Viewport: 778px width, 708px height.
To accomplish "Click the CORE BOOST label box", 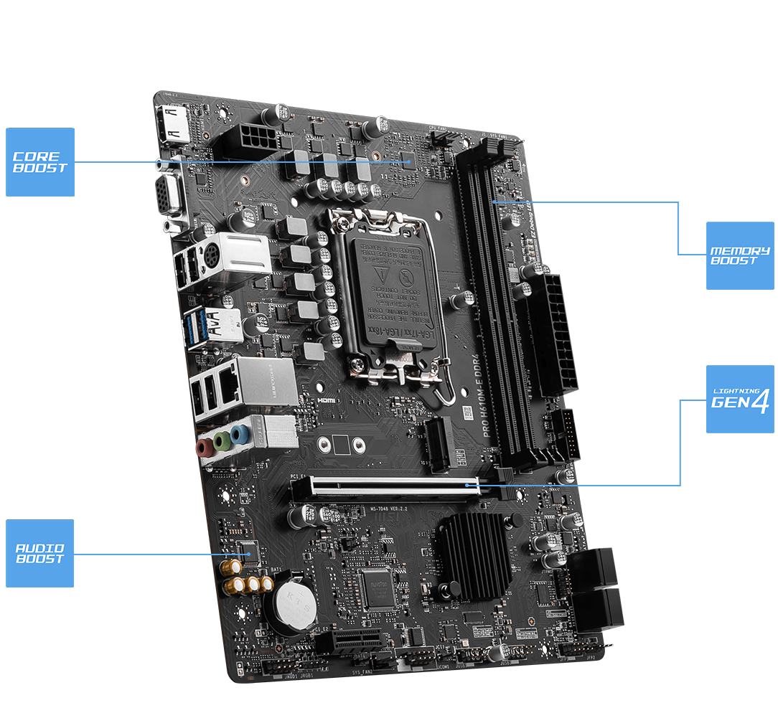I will (40, 162).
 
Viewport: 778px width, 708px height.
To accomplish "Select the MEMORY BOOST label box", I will (740, 255).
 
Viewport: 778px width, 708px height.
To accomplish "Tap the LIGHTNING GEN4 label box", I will (740, 399).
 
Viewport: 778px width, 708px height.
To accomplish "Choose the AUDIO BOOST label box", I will (40, 553).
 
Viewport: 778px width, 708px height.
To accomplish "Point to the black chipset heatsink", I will (473, 554).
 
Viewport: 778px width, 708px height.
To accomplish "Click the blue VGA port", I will (169, 192).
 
